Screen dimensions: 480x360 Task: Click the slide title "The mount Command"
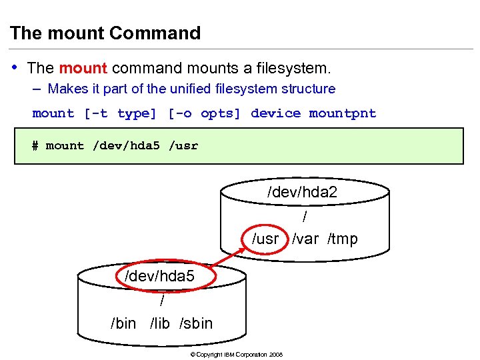pos(105,33)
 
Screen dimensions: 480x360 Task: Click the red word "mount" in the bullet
pos(83,68)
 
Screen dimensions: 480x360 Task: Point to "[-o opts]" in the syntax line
pos(203,113)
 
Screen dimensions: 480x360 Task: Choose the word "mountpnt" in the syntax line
pos(343,113)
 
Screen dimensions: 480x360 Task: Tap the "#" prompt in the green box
pos(35,145)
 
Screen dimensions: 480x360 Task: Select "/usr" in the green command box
pos(183,145)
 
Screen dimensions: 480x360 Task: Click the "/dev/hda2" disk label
pos(302,193)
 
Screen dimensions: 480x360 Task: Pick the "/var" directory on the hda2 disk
pos(305,239)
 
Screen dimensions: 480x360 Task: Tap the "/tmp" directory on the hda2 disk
pos(342,239)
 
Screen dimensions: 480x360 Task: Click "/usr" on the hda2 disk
pos(265,239)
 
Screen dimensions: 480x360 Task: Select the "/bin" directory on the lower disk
pos(123,323)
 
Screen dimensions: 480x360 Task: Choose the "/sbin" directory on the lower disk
pos(196,323)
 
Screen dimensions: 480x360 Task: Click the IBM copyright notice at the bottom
pos(237,354)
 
